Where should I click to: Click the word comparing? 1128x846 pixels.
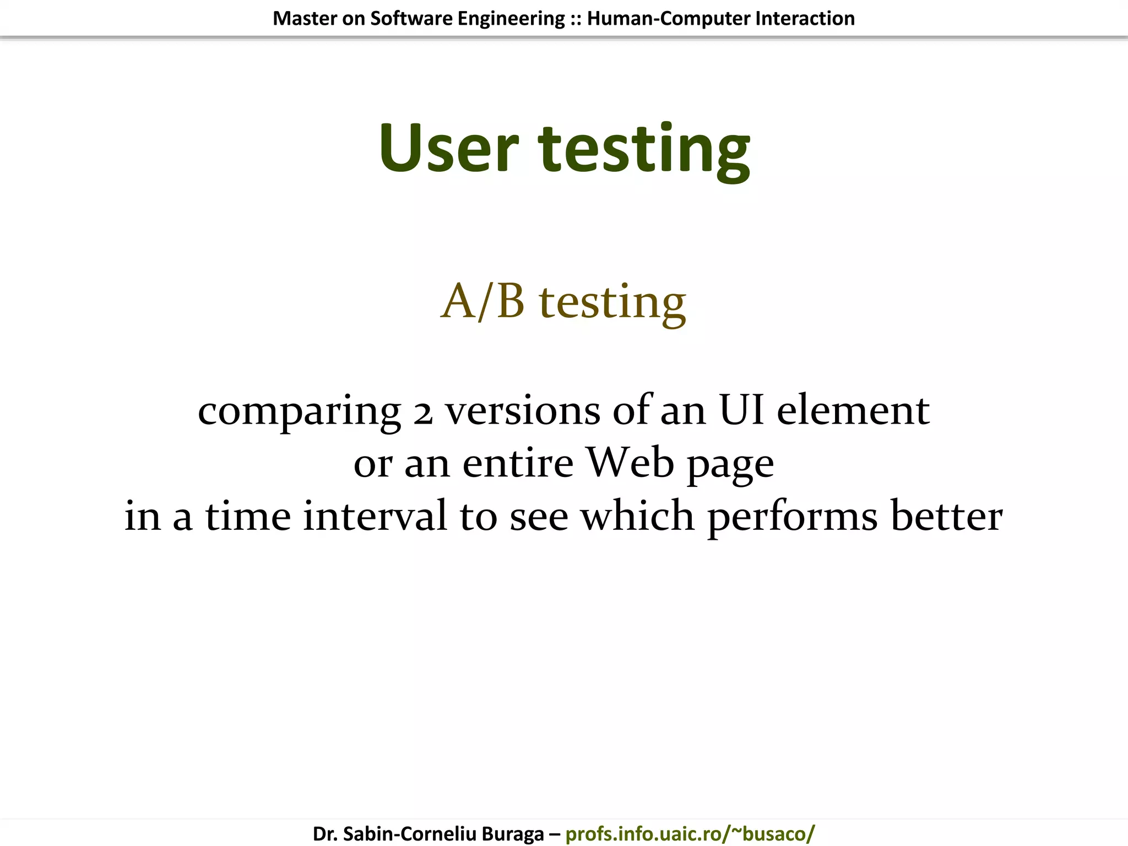tap(299, 412)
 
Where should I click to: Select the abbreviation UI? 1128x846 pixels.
tap(741, 410)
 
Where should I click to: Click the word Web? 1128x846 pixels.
tap(629, 463)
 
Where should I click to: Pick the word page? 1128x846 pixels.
tap(730, 466)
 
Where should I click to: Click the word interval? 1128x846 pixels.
tap(375, 516)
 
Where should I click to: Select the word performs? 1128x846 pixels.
tap(793, 518)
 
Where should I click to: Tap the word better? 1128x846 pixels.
tap(946, 516)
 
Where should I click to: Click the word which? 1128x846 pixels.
tap(638, 516)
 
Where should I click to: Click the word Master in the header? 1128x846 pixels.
tap(305, 18)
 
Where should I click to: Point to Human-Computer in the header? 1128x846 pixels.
tap(668, 18)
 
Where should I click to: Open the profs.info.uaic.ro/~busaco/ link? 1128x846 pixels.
tap(690, 833)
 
